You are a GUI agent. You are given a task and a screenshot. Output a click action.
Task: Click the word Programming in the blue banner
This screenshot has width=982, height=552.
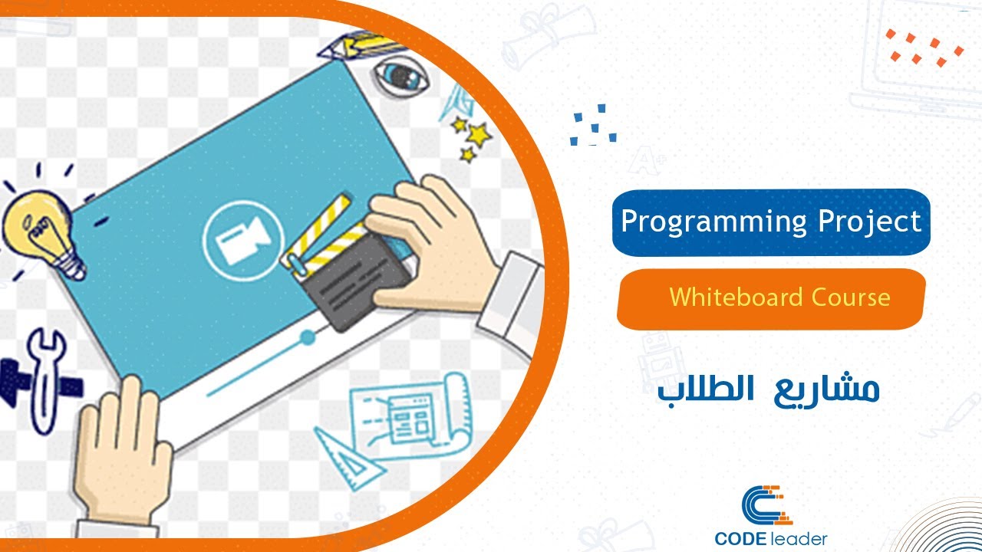coord(713,222)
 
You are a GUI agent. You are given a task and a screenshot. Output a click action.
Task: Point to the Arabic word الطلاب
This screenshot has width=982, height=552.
coord(694,391)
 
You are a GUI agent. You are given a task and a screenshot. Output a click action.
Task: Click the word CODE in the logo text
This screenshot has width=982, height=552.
coord(744,539)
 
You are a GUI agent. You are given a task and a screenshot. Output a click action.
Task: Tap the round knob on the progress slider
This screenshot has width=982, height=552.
coord(308,337)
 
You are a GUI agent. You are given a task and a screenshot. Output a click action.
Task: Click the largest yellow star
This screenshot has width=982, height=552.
coord(479,136)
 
